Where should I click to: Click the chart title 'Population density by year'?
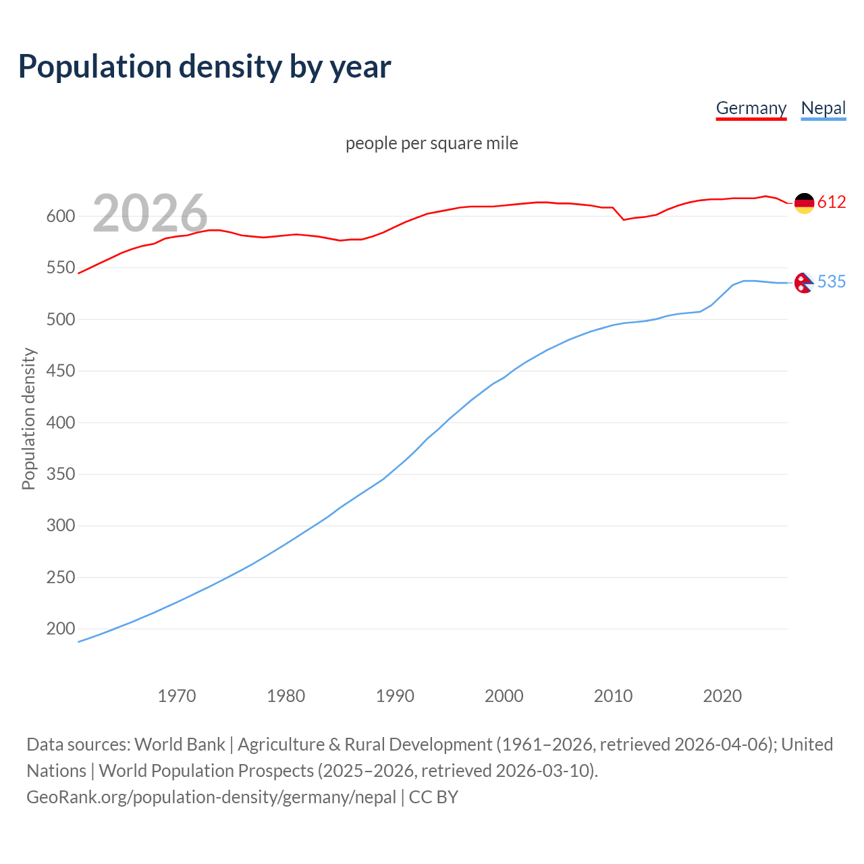coord(205,66)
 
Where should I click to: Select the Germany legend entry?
coord(751,108)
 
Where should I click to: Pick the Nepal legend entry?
coord(823,108)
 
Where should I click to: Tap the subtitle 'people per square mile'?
coord(431,143)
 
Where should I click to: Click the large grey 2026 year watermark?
coord(150,213)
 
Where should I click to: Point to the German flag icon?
coord(804,202)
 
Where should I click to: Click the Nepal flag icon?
coord(803,282)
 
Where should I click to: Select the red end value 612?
coord(832,202)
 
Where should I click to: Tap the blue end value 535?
coord(832,282)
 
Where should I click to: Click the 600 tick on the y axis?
coord(60,217)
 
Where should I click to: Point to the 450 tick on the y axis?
coord(60,371)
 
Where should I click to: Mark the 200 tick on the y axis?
coord(60,629)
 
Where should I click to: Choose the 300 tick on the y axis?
coord(60,526)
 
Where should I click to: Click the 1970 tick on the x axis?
coord(177,696)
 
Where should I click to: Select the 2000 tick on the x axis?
coord(504,696)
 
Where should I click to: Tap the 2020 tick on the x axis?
coord(722,696)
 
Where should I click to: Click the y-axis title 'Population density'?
coord(28,418)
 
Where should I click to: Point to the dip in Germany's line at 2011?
coord(624,219)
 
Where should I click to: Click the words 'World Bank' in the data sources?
coord(180,745)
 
